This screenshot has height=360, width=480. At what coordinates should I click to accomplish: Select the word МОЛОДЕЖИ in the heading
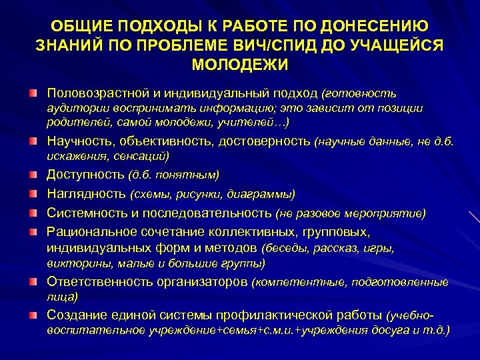[x=240, y=65]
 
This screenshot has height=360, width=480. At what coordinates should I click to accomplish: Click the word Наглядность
[x=85, y=193]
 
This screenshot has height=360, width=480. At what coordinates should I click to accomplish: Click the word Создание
[x=71, y=313]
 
